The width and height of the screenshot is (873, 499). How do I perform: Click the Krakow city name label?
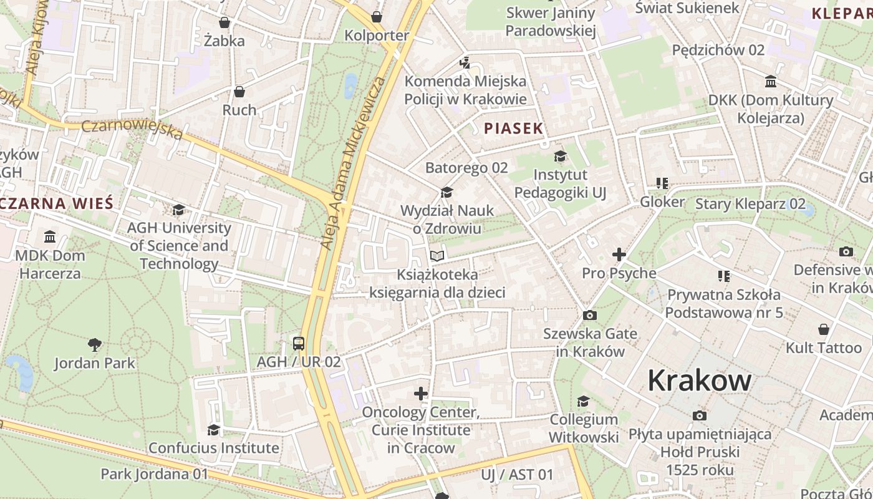(x=699, y=380)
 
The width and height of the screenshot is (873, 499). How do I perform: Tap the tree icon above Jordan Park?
(x=95, y=344)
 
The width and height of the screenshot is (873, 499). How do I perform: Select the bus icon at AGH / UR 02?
(x=299, y=343)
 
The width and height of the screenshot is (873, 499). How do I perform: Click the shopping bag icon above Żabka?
(x=224, y=23)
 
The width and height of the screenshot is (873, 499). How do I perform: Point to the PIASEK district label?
(x=514, y=128)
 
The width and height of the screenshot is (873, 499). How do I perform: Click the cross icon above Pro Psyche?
(x=619, y=254)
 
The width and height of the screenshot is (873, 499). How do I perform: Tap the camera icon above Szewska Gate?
(x=589, y=316)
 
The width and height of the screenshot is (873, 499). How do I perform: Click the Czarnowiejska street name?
(x=132, y=129)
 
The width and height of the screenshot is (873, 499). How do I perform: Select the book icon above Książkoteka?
(x=437, y=256)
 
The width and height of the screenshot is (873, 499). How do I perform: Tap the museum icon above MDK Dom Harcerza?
(x=50, y=237)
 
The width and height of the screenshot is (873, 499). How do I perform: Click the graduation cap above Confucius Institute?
(x=213, y=430)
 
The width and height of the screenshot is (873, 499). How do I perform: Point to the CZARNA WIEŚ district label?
(x=57, y=203)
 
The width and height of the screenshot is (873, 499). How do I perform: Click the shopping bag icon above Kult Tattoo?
(x=823, y=329)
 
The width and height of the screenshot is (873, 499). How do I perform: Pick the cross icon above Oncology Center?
(x=421, y=394)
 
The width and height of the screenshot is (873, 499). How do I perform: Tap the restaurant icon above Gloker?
(x=662, y=183)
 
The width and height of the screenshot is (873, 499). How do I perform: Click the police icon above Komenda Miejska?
(x=465, y=62)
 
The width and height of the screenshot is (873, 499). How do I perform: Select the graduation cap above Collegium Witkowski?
(x=583, y=401)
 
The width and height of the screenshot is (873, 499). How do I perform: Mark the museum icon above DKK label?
(x=770, y=82)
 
